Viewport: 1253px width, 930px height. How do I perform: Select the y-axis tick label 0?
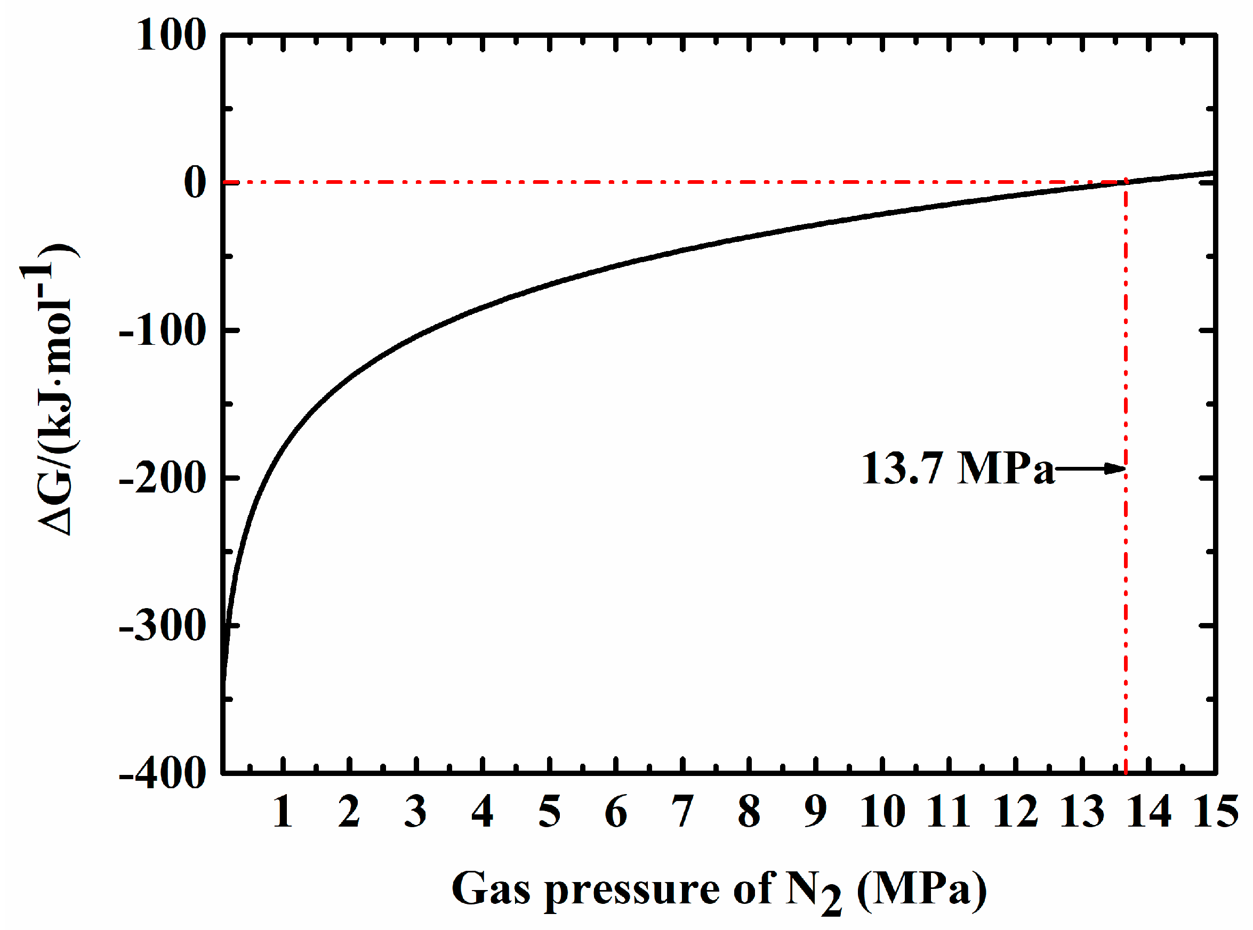[195, 183]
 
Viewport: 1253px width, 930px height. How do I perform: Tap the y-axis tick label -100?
[162, 331]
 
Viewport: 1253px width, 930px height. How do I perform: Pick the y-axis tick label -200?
[162, 479]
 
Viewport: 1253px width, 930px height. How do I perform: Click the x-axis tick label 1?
[283, 812]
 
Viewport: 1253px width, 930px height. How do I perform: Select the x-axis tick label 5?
[550, 812]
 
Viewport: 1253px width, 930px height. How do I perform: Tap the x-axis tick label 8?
[749, 812]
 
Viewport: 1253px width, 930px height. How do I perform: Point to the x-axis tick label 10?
[882, 812]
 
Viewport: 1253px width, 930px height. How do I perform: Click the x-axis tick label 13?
[1082, 812]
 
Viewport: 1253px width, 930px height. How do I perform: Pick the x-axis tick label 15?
[1215, 812]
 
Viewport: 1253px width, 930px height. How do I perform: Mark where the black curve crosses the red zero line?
[1126, 182]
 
